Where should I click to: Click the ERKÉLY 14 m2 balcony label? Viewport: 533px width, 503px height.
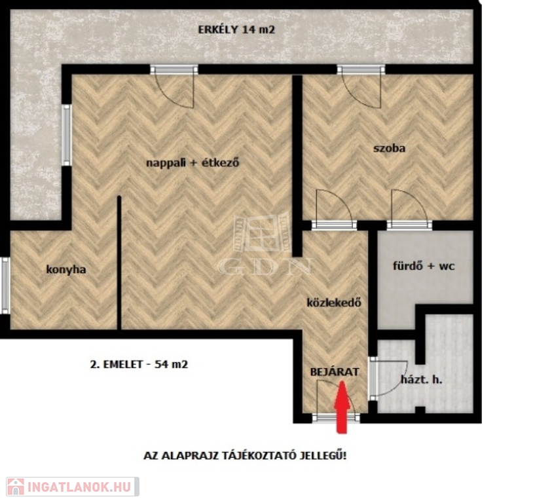tap(236, 29)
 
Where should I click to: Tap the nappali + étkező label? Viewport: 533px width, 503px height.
tap(193, 162)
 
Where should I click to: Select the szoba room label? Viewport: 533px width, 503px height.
tap(389, 148)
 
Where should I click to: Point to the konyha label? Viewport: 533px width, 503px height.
tap(66, 270)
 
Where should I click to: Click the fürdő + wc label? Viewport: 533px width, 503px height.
tap(424, 266)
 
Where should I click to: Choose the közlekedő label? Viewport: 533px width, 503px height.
tap(334, 303)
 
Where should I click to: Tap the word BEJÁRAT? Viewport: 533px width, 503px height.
tap(335, 372)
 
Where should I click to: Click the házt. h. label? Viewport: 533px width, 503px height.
tap(422, 379)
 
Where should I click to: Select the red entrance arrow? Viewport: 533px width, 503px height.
tap(342, 407)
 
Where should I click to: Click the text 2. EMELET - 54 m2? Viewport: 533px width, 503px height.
tap(139, 364)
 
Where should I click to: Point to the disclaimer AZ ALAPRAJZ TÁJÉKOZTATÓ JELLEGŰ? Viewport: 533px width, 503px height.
tap(245, 455)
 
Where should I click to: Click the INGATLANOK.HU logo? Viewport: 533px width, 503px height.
tap(73, 487)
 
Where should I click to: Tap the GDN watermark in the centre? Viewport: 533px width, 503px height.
tap(264, 243)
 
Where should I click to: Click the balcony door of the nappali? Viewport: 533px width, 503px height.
tap(174, 87)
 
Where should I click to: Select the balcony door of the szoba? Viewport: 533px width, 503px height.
tap(361, 87)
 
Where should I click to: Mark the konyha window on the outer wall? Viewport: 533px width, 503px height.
tap(5, 286)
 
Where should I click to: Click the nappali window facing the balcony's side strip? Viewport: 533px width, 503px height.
tap(67, 135)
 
